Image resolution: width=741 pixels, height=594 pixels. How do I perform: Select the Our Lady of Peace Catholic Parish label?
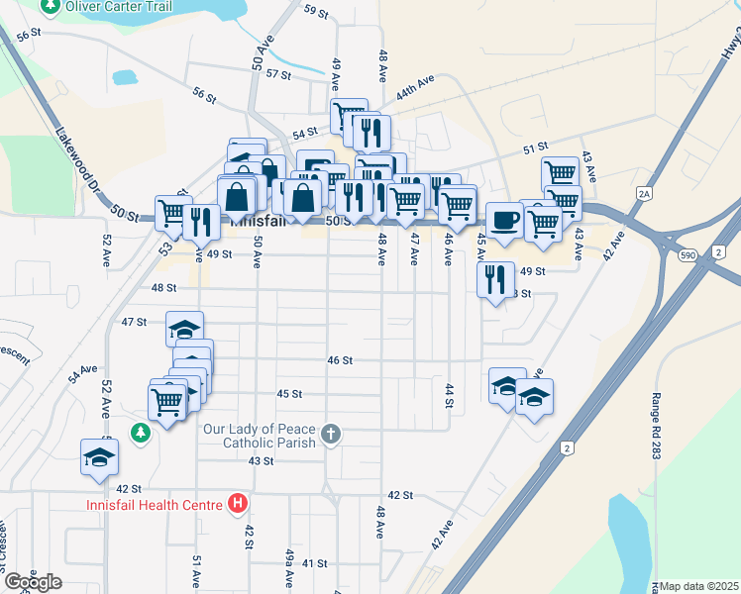pos(260,436)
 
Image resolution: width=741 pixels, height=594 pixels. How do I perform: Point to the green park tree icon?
pos(141,433)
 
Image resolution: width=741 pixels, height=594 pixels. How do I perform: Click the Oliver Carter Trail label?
pos(118,6)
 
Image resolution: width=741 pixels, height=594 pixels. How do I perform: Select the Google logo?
pos(32,582)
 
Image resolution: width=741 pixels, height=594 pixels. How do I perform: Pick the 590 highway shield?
pos(688,255)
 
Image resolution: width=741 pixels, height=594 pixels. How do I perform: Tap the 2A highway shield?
pos(645,194)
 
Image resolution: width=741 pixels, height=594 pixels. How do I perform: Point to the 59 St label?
pos(316,11)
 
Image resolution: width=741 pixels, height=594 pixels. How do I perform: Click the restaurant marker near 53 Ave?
pos(201,221)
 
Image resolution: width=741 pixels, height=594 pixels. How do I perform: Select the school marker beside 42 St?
pos(99,457)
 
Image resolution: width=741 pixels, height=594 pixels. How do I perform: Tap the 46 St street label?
pos(340,361)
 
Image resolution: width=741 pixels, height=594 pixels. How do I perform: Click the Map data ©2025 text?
pos(699,586)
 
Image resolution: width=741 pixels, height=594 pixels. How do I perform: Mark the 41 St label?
pos(315,563)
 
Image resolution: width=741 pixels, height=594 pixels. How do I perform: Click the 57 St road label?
pos(278,74)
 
